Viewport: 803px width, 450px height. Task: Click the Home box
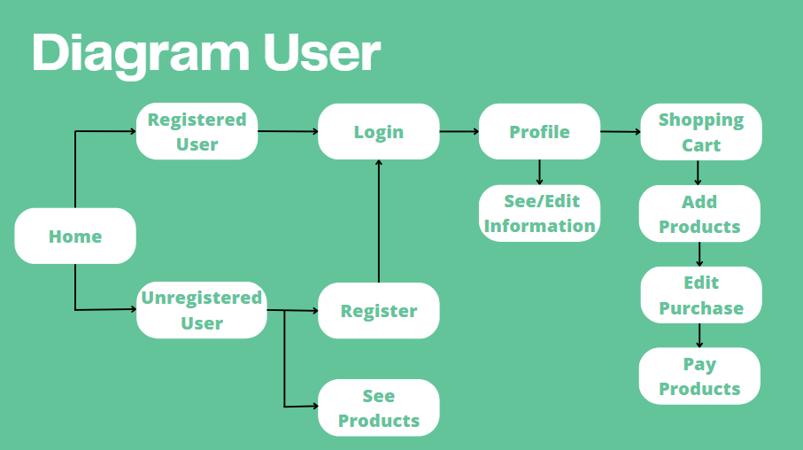point(75,237)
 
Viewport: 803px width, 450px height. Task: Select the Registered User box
point(197,132)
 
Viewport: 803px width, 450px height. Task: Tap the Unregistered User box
point(201,310)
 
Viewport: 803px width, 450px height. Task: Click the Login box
point(378,132)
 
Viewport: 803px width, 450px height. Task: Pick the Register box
point(378,311)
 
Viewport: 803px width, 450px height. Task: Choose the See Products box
point(378,407)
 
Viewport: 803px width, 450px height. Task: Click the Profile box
point(539,132)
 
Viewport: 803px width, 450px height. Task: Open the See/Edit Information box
point(539,213)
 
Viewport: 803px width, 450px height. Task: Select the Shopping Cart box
point(700,132)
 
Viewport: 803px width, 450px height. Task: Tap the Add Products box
point(699,213)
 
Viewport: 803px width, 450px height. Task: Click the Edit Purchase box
point(700,295)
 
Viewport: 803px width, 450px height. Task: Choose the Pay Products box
point(699,376)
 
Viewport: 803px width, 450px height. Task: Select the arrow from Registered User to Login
point(288,132)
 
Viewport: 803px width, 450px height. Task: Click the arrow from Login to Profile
point(459,132)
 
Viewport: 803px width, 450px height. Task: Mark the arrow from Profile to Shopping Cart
point(620,132)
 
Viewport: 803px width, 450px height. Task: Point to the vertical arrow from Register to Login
point(379,221)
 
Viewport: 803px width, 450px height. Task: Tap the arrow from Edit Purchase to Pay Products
point(699,335)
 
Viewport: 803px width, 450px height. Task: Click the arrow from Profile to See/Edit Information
point(539,172)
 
